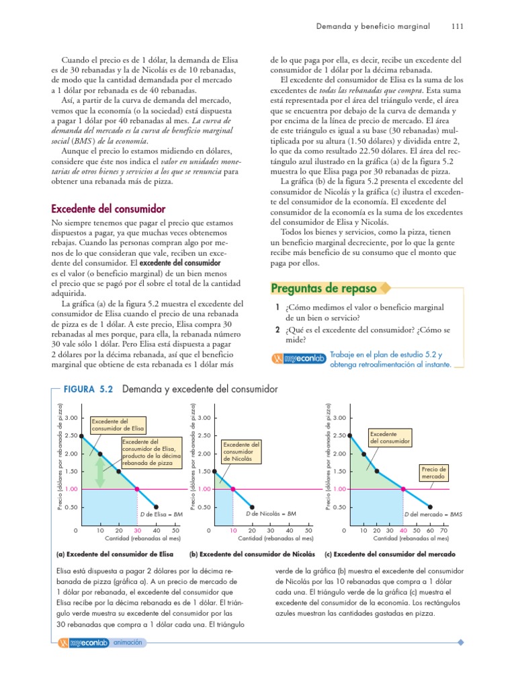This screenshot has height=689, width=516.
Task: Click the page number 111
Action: [x=457, y=27]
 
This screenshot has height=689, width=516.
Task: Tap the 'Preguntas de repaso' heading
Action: [x=323, y=289]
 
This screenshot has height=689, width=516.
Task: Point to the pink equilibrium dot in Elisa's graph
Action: [x=137, y=489]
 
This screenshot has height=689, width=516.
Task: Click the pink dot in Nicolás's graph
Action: [x=233, y=489]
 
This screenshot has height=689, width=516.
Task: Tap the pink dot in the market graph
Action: [x=403, y=489]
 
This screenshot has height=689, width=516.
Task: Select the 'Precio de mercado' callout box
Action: [x=433, y=472]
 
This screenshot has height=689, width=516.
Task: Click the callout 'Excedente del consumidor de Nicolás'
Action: [x=241, y=451]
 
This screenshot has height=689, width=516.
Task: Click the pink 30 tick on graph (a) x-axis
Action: [x=137, y=531]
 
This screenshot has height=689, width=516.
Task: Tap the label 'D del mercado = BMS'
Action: [x=433, y=514]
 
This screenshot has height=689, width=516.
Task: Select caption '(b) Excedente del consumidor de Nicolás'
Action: [x=252, y=554]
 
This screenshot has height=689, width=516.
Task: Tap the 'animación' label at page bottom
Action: [x=128, y=643]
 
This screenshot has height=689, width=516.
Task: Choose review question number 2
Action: [x=277, y=330]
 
